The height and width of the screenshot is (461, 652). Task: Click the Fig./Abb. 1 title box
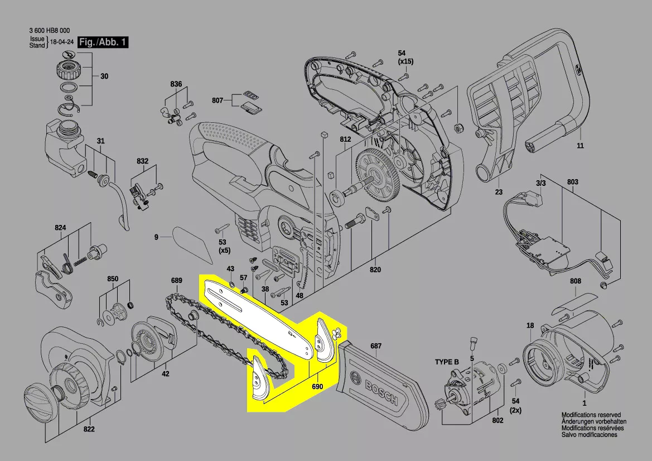point(103,42)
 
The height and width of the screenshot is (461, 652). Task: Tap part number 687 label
point(376,346)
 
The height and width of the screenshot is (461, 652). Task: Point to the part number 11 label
point(580,146)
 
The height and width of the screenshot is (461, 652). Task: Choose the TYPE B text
point(447,362)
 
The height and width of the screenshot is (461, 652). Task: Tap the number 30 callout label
point(104,76)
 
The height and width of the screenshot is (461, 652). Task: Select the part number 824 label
point(60,228)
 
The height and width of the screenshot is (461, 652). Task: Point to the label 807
point(218,101)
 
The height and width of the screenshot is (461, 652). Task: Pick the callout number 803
point(573,182)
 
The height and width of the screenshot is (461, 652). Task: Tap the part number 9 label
point(157,237)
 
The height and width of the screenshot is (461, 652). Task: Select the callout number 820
point(375,270)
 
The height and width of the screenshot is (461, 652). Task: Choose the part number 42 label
point(166,374)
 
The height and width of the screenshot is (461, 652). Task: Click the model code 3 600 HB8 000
point(50,31)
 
